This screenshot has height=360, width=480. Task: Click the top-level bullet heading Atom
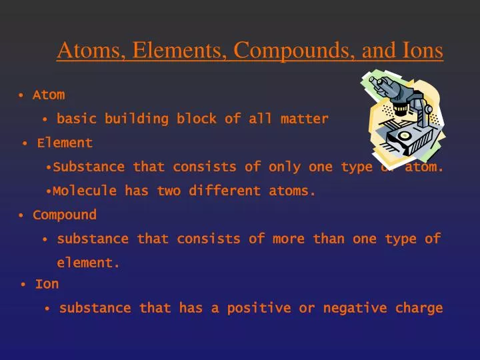tap(49, 95)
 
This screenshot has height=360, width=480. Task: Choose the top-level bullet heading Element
tap(65, 143)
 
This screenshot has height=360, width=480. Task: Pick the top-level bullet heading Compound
tap(65, 215)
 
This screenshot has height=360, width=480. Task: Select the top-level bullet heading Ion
tap(47, 284)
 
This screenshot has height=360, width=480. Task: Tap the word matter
tap(305, 119)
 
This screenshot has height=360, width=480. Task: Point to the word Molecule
tap(85, 191)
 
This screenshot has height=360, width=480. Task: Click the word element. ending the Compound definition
tap(88, 263)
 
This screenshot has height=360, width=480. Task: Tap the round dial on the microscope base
tap(404, 135)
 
